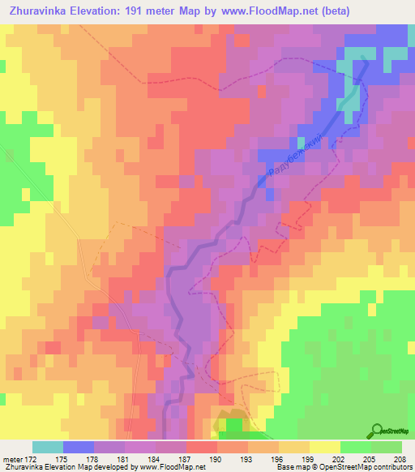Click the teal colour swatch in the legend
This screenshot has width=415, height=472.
click(48, 447)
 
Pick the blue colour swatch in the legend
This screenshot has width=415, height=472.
click(79, 447)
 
